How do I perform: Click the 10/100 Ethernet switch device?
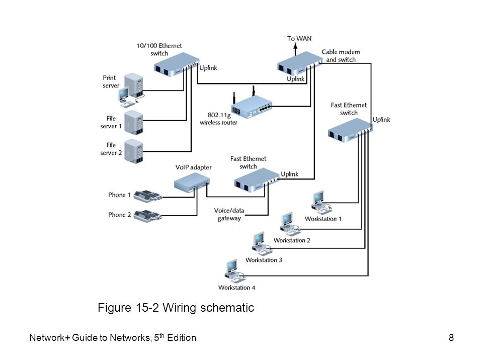coord(177,65)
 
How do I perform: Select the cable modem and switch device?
coord(300,64)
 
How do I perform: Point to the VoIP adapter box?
coord(192,182)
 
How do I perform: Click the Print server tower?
coord(134,85)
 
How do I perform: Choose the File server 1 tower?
coord(134,123)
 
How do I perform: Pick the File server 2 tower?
coord(134,151)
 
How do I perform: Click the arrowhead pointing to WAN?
coord(295,46)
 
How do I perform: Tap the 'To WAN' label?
coord(299,39)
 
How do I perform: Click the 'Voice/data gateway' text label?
coord(229,214)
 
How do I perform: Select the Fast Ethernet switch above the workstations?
coord(350,130)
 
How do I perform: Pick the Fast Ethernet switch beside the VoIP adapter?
coord(257,180)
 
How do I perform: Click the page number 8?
coord(451,337)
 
